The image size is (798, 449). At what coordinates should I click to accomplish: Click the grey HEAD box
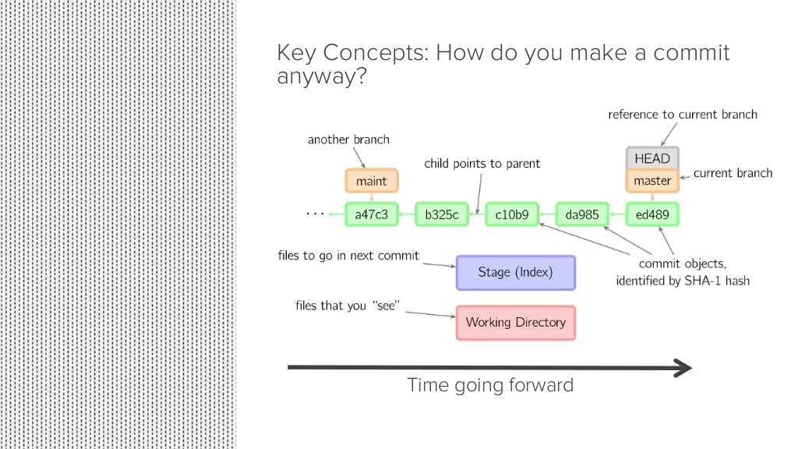pos(652,158)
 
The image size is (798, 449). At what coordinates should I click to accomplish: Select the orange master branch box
pos(652,181)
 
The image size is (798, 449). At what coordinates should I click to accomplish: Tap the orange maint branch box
pos(372,181)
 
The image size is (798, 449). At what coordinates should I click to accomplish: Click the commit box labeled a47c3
pos(372,214)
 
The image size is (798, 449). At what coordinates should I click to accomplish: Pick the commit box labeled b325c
pos(442,214)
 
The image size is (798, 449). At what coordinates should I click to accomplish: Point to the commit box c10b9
pos(512,214)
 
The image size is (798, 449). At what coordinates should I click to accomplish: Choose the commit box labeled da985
pos(582,214)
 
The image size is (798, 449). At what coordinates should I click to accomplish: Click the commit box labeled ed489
pos(652,214)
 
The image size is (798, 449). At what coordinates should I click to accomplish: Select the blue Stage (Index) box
pos(515,273)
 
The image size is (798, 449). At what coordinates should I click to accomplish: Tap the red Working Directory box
pos(515,322)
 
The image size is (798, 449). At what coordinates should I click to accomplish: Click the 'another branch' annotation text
pos(348,140)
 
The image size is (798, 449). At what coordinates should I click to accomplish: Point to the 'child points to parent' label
pos(482,164)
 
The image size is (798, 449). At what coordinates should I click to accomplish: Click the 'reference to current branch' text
pos(682,115)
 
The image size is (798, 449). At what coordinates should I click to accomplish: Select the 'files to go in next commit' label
pos(348,256)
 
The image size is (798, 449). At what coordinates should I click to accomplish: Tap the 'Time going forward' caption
pos(490,385)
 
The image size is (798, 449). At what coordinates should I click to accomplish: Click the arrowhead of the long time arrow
pos(683,367)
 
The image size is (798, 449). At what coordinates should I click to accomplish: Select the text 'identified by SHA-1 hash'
pos(682,281)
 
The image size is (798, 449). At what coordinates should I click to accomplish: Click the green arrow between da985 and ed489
pos(617,214)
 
